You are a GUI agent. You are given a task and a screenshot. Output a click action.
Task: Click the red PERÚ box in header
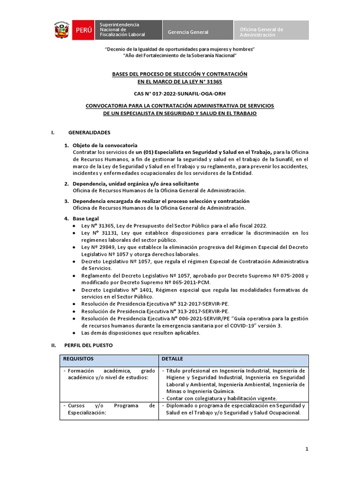click(x=82, y=30)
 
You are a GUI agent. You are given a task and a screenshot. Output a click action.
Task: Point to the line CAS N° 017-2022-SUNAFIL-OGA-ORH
click(x=180, y=93)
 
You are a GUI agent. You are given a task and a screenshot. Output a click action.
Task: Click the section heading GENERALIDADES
click(x=89, y=133)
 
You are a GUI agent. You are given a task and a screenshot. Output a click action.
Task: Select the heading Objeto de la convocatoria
click(x=105, y=145)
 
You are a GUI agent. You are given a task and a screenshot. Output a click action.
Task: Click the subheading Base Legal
click(x=86, y=218)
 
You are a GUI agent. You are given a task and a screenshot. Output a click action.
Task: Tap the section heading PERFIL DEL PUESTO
click(x=88, y=345)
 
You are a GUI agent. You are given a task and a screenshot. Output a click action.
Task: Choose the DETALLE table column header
click(x=172, y=359)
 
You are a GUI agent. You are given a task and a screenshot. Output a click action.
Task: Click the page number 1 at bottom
click(x=307, y=449)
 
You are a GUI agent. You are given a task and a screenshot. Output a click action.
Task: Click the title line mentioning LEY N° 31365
click(x=180, y=81)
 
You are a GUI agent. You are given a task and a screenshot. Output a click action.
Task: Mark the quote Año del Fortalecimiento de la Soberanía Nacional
click(x=180, y=56)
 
